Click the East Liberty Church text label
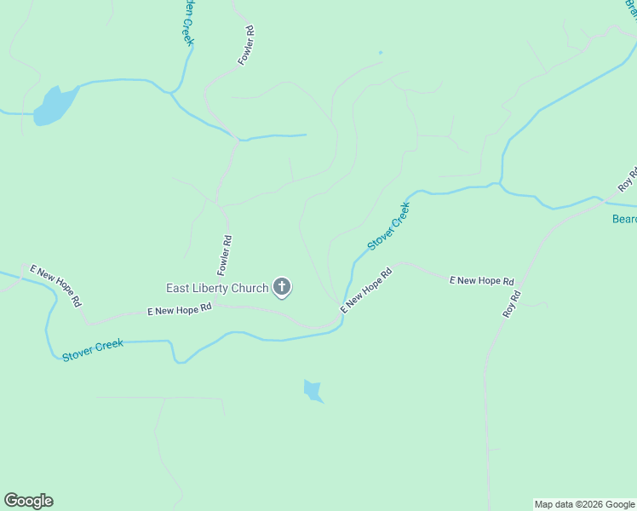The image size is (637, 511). pyautogui.click(x=217, y=288)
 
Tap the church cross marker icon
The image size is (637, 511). pyautogui.click(x=282, y=288)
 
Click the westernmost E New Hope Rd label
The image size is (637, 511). pyautogui.click(x=55, y=284)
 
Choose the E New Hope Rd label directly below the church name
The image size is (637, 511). pyautogui.click(x=179, y=311)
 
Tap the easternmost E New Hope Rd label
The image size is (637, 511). pyautogui.click(x=482, y=280)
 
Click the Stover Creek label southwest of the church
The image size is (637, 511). pyautogui.click(x=93, y=349)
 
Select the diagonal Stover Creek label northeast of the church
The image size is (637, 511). pyautogui.click(x=389, y=225)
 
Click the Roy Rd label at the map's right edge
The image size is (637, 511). pyautogui.click(x=628, y=180)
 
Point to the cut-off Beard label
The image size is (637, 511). pyautogui.click(x=624, y=219)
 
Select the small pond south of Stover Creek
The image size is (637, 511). pyautogui.click(x=313, y=391)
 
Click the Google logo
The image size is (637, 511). pyautogui.click(x=28, y=501)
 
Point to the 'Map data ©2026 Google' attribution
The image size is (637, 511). pyautogui.click(x=584, y=504)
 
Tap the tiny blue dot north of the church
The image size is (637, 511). pyautogui.click(x=380, y=53)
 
